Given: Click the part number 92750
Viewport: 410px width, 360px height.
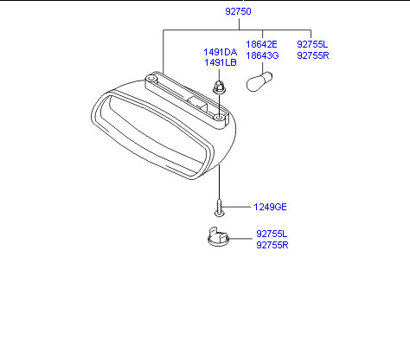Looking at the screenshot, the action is (x=238, y=11).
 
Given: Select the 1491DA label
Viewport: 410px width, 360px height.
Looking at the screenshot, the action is (x=221, y=52).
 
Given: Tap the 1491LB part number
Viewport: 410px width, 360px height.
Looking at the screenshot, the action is (x=221, y=62).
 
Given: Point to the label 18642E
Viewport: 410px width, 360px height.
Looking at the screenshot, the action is (x=261, y=44).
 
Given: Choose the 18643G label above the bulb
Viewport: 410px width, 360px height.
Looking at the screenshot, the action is (x=262, y=55).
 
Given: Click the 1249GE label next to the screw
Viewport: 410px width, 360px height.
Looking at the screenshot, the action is (x=270, y=207).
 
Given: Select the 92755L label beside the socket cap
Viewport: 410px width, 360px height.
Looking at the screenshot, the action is (x=272, y=234).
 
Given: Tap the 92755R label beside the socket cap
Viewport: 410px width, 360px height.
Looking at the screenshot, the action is (x=272, y=245).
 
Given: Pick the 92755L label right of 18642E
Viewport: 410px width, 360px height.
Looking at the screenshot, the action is (x=312, y=44).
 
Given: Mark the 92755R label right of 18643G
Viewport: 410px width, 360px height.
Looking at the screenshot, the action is (x=313, y=55).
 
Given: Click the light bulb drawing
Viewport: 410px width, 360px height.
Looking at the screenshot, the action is (x=259, y=81).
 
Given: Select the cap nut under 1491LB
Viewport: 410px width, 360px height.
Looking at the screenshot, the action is (x=219, y=87).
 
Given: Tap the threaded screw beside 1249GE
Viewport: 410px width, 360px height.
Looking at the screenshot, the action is (x=219, y=208).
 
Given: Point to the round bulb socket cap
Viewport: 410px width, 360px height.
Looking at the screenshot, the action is (x=218, y=236).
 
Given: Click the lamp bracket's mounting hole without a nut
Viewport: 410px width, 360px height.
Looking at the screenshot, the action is (x=151, y=78).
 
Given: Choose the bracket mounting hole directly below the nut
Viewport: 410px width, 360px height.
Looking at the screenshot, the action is (x=219, y=118).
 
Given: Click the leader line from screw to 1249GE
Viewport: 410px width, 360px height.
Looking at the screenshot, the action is (x=236, y=207).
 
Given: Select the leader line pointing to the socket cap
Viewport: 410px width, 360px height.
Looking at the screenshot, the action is (x=240, y=239).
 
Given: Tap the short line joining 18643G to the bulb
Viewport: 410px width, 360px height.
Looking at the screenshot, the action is (x=262, y=67).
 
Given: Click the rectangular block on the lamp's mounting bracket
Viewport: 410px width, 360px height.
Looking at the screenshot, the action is (x=197, y=101).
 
